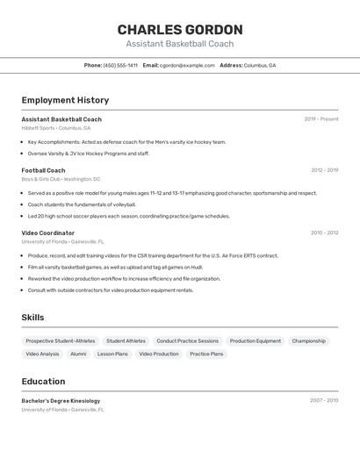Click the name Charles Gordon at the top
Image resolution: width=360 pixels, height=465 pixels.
(180, 29)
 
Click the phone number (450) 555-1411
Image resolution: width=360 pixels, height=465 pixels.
(120, 65)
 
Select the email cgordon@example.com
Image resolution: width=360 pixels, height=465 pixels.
(187, 65)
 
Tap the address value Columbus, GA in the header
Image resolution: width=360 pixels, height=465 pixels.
(260, 65)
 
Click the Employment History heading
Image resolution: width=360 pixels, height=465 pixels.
(65, 100)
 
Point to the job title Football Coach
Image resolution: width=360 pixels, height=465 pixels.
(43, 170)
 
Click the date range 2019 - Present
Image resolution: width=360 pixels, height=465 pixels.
(321, 118)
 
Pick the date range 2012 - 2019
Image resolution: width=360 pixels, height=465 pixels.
(324, 170)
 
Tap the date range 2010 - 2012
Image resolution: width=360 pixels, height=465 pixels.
(324, 232)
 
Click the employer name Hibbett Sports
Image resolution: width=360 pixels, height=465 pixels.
(38, 128)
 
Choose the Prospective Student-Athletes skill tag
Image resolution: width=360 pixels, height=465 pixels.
(61, 340)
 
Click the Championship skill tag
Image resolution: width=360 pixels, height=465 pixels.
(309, 340)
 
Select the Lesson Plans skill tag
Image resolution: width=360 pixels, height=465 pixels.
(112, 354)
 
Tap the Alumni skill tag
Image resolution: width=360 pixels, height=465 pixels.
(78, 354)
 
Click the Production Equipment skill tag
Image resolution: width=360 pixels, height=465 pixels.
(256, 340)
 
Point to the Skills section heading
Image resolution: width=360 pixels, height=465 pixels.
(32, 318)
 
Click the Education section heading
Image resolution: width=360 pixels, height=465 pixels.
(43, 382)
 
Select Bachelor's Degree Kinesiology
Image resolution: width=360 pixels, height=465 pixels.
(61, 400)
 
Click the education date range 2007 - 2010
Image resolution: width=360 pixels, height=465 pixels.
(324, 400)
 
